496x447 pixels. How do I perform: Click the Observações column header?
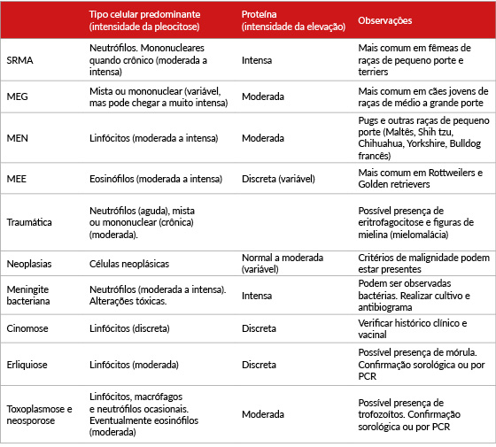click(385, 20)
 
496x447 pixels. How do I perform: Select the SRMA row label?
click(19, 60)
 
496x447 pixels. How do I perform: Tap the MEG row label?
click(17, 96)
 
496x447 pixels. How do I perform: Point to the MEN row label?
click(17, 138)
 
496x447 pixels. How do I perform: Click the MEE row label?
click(17, 179)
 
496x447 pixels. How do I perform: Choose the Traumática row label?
click(29, 222)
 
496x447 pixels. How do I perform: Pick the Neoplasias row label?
click(29, 264)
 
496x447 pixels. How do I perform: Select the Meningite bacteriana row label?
click(28, 295)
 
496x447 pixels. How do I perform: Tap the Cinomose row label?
click(27, 328)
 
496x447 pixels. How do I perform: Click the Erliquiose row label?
click(27, 365)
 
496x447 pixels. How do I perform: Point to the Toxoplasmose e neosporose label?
click(39, 415)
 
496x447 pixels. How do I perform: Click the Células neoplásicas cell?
click(129, 264)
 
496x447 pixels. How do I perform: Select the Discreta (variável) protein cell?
click(278, 179)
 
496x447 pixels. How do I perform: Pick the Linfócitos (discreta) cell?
click(129, 328)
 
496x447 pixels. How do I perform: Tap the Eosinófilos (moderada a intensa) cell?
click(156, 179)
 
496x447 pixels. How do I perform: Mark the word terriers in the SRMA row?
click(373, 72)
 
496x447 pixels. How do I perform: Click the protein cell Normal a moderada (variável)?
click(283, 264)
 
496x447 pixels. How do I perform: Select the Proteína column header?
click(259, 14)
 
